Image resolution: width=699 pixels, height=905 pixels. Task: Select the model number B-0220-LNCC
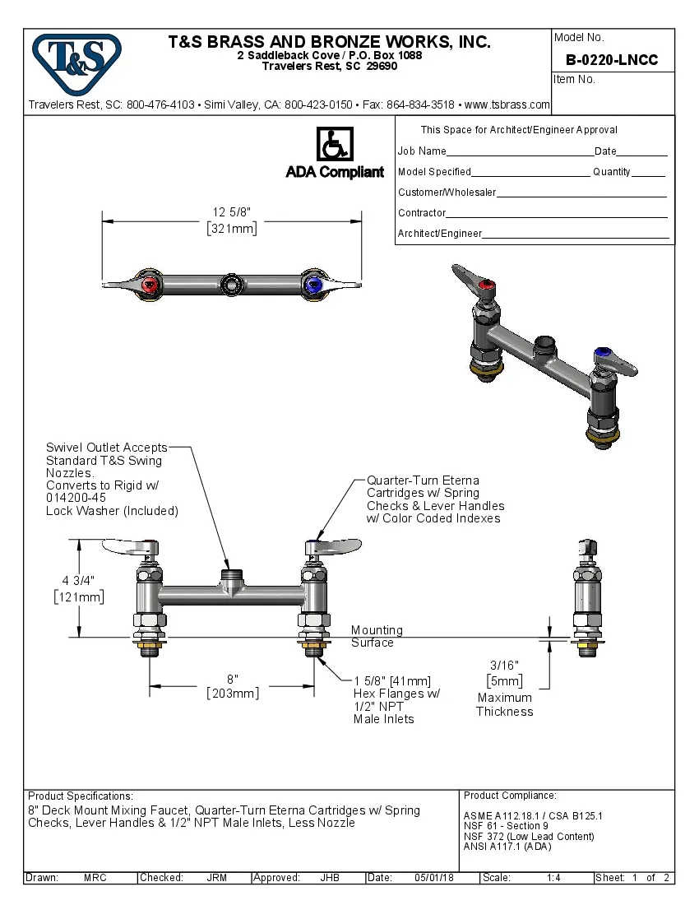pos(612,60)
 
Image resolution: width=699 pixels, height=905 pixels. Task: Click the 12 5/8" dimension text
pos(232,213)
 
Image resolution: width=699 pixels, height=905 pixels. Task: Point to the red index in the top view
pos(150,285)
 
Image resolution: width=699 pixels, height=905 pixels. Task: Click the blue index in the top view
pos(313,285)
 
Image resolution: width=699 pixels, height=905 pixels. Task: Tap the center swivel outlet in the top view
pos(232,285)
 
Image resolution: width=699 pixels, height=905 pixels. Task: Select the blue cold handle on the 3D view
pos(602,357)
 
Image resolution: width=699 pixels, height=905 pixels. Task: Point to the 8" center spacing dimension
pos(233,679)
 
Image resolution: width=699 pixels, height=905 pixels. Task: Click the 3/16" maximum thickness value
pos(505,665)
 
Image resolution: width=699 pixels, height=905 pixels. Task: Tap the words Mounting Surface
pos(377,636)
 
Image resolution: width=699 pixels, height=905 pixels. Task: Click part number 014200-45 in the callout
pos(76,497)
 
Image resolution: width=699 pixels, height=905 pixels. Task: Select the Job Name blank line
pos(520,152)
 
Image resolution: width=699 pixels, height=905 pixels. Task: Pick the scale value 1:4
pos(553,878)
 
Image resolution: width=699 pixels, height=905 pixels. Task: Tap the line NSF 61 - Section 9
pos(506,826)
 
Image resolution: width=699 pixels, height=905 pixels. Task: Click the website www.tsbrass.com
pos(507,104)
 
